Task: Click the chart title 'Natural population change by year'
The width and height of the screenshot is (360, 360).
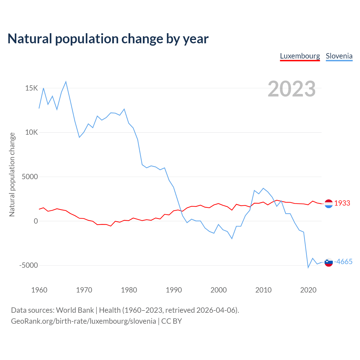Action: coord(108,39)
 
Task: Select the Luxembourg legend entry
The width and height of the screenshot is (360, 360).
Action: coord(300,56)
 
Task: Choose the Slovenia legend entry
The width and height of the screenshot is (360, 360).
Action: coord(339,56)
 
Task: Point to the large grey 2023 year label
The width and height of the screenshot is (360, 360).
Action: coord(292,89)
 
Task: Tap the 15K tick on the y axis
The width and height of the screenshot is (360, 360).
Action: coord(31,88)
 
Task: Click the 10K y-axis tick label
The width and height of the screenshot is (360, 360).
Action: coord(31,132)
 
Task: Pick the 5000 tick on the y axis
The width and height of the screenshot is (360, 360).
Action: coord(30,177)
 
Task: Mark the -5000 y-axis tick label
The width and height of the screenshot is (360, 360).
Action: coord(28,265)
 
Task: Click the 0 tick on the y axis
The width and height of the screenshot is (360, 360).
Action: coord(35,221)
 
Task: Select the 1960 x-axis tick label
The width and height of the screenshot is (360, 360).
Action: coord(39,290)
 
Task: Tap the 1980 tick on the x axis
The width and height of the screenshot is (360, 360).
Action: coord(129,290)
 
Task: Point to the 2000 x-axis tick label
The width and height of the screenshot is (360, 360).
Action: coord(219,290)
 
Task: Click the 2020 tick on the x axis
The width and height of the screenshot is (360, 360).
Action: coord(308,290)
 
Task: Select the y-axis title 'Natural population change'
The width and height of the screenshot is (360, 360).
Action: coord(12,175)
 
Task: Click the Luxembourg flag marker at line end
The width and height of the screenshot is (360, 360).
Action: coord(328,203)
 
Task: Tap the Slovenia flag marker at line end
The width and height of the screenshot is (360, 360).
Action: coord(328,262)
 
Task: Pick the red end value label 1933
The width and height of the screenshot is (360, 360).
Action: coord(342,203)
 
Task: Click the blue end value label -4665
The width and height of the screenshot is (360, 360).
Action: coord(343,262)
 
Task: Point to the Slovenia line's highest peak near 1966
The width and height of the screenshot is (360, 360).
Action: coord(66,82)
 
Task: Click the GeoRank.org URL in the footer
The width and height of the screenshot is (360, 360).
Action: coord(84,321)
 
